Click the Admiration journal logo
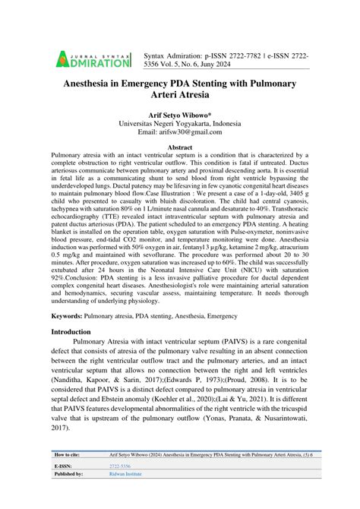pos(93,56)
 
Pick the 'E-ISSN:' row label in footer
pos(64,484)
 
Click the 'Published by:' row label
pos(68,493)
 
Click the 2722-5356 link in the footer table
pos(122,484)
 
